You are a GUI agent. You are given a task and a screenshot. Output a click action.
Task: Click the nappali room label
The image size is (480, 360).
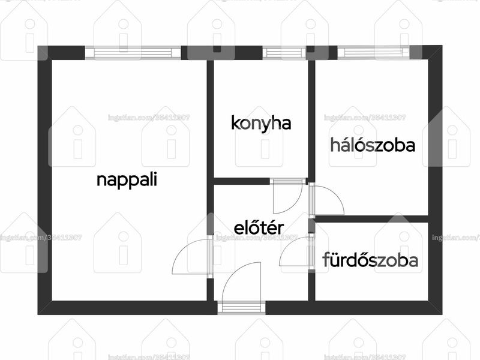click(127, 179)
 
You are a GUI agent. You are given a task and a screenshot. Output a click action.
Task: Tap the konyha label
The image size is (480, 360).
click(261, 124)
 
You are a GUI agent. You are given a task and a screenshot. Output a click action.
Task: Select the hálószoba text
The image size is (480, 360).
click(373, 145)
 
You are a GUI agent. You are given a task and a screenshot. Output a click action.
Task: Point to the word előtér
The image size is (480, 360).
click(259, 228)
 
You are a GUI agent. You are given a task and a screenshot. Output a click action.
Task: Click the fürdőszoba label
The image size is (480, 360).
click(370, 260)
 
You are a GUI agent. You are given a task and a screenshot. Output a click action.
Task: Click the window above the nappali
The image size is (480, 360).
click(133, 52)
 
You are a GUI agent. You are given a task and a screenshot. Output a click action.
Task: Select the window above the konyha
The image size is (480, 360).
click(284, 52)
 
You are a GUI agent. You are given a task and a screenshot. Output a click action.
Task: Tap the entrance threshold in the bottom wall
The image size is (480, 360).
click(241, 307)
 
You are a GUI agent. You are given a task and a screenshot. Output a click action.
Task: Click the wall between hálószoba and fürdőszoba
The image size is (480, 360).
click(371, 219)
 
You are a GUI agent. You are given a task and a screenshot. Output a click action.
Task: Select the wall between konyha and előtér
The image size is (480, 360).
click(242, 181)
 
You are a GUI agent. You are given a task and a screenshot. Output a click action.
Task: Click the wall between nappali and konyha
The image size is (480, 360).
click(210, 119)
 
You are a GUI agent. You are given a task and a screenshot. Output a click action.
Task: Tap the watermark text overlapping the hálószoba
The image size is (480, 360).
click(365, 118)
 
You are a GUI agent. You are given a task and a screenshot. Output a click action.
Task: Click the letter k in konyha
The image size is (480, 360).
click(235, 123)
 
